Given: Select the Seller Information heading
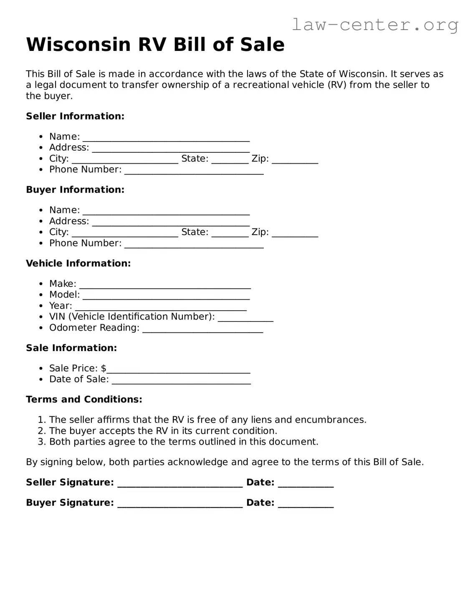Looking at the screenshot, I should (75, 116).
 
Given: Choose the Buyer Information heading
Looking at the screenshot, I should (75, 190).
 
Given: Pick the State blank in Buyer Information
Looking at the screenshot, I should (230, 234).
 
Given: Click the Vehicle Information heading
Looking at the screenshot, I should (78, 263).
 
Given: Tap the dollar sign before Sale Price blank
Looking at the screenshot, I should (104, 368).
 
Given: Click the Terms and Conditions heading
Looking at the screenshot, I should (84, 400).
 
